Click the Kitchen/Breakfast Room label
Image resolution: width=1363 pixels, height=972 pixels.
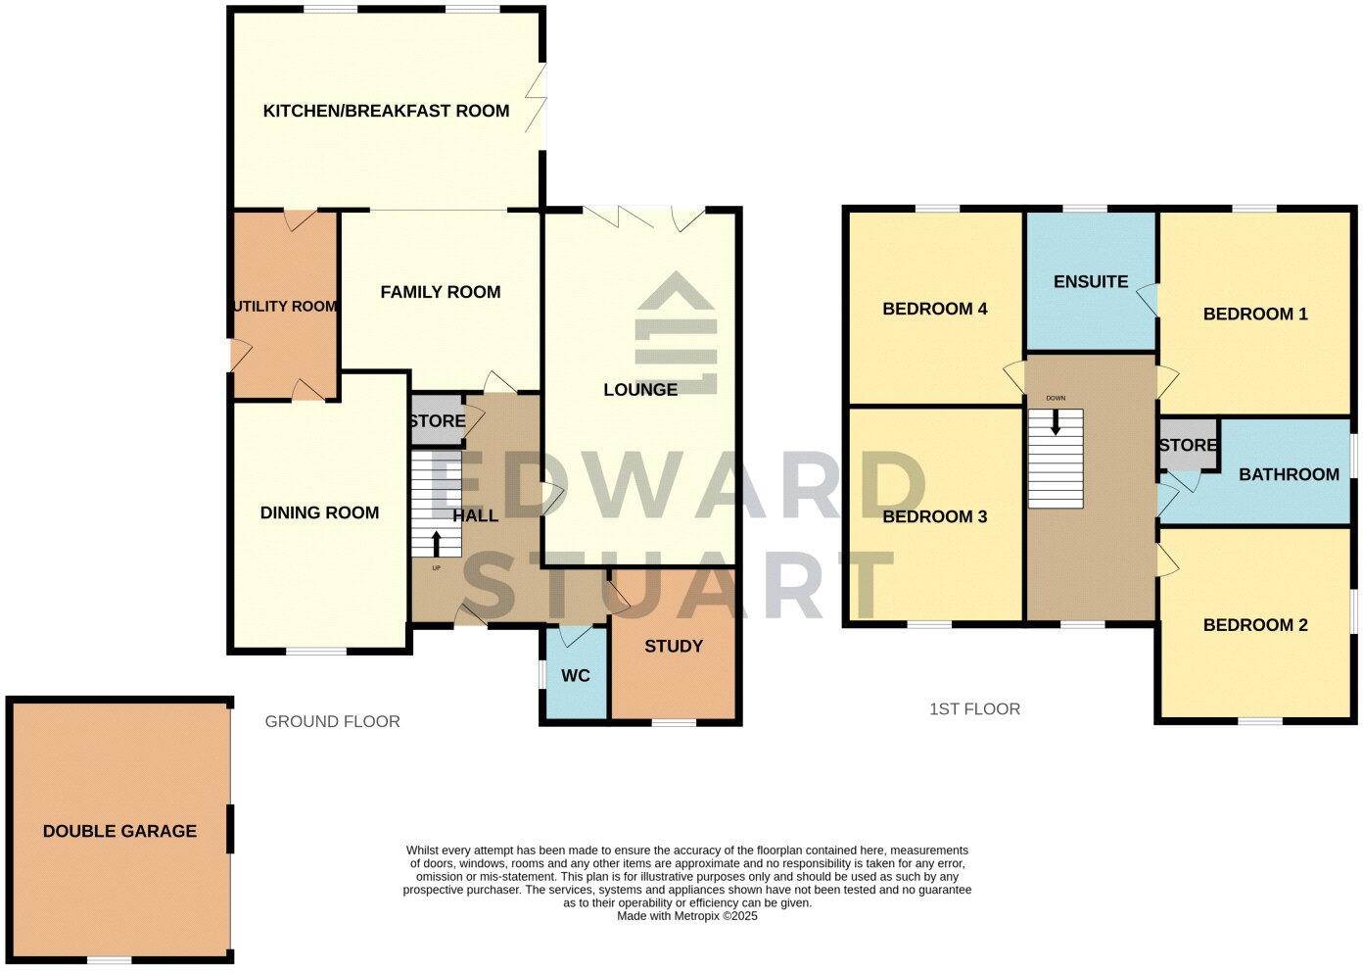[x=386, y=111]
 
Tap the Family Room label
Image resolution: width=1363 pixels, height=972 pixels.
[x=440, y=292]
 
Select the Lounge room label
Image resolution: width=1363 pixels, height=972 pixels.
[x=640, y=390]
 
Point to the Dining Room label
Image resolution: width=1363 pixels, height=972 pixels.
[x=319, y=512]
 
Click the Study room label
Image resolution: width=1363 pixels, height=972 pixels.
[x=674, y=647]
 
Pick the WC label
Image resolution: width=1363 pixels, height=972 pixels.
[x=577, y=676]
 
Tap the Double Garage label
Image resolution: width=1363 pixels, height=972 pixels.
[x=119, y=831]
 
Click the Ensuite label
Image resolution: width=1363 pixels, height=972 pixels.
[x=1091, y=282]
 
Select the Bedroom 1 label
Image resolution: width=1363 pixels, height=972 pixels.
[x=1255, y=315]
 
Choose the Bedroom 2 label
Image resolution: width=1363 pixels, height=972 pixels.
[x=1255, y=625]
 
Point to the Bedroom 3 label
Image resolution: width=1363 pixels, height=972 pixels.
[x=934, y=516]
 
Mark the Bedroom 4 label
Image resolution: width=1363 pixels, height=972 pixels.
[x=934, y=310]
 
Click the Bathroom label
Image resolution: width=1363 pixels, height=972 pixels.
[x=1289, y=474]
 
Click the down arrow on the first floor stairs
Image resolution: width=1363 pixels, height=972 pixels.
[x=1056, y=422]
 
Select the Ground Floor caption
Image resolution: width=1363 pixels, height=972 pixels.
[x=332, y=722]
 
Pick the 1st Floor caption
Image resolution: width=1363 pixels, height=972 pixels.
[x=974, y=708]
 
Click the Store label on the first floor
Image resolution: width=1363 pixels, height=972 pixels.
[x=1188, y=446]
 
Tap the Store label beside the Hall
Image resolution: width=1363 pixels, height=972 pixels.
[x=437, y=421]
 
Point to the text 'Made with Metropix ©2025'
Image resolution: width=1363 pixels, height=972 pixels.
[x=687, y=916]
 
